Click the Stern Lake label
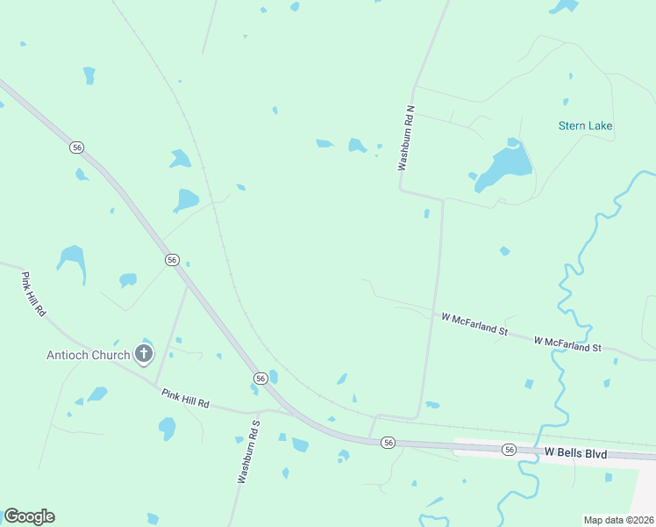click(x=585, y=126)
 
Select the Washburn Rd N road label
click(x=406, y=138)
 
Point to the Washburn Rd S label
click(x=249, y=451)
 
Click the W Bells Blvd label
click(x=576, y=451)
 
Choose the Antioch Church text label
click(x=89, y=355)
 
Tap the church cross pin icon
click(x=143, y=355)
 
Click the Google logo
click(x=29, y=516)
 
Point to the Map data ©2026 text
click(x=618, y=520)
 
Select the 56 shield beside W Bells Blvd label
click(x=510, y=449)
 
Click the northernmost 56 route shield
click(x=77, y=148)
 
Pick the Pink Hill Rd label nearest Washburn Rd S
click(x=185, y=399)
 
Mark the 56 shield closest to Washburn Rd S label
click(x=260, y=377)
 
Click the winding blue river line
click(x=562, y=290)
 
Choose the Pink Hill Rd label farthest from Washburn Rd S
click(x=33, y=294)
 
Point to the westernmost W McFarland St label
click(x=474, y=323)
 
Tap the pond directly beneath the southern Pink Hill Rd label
click(x=167, y=429)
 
